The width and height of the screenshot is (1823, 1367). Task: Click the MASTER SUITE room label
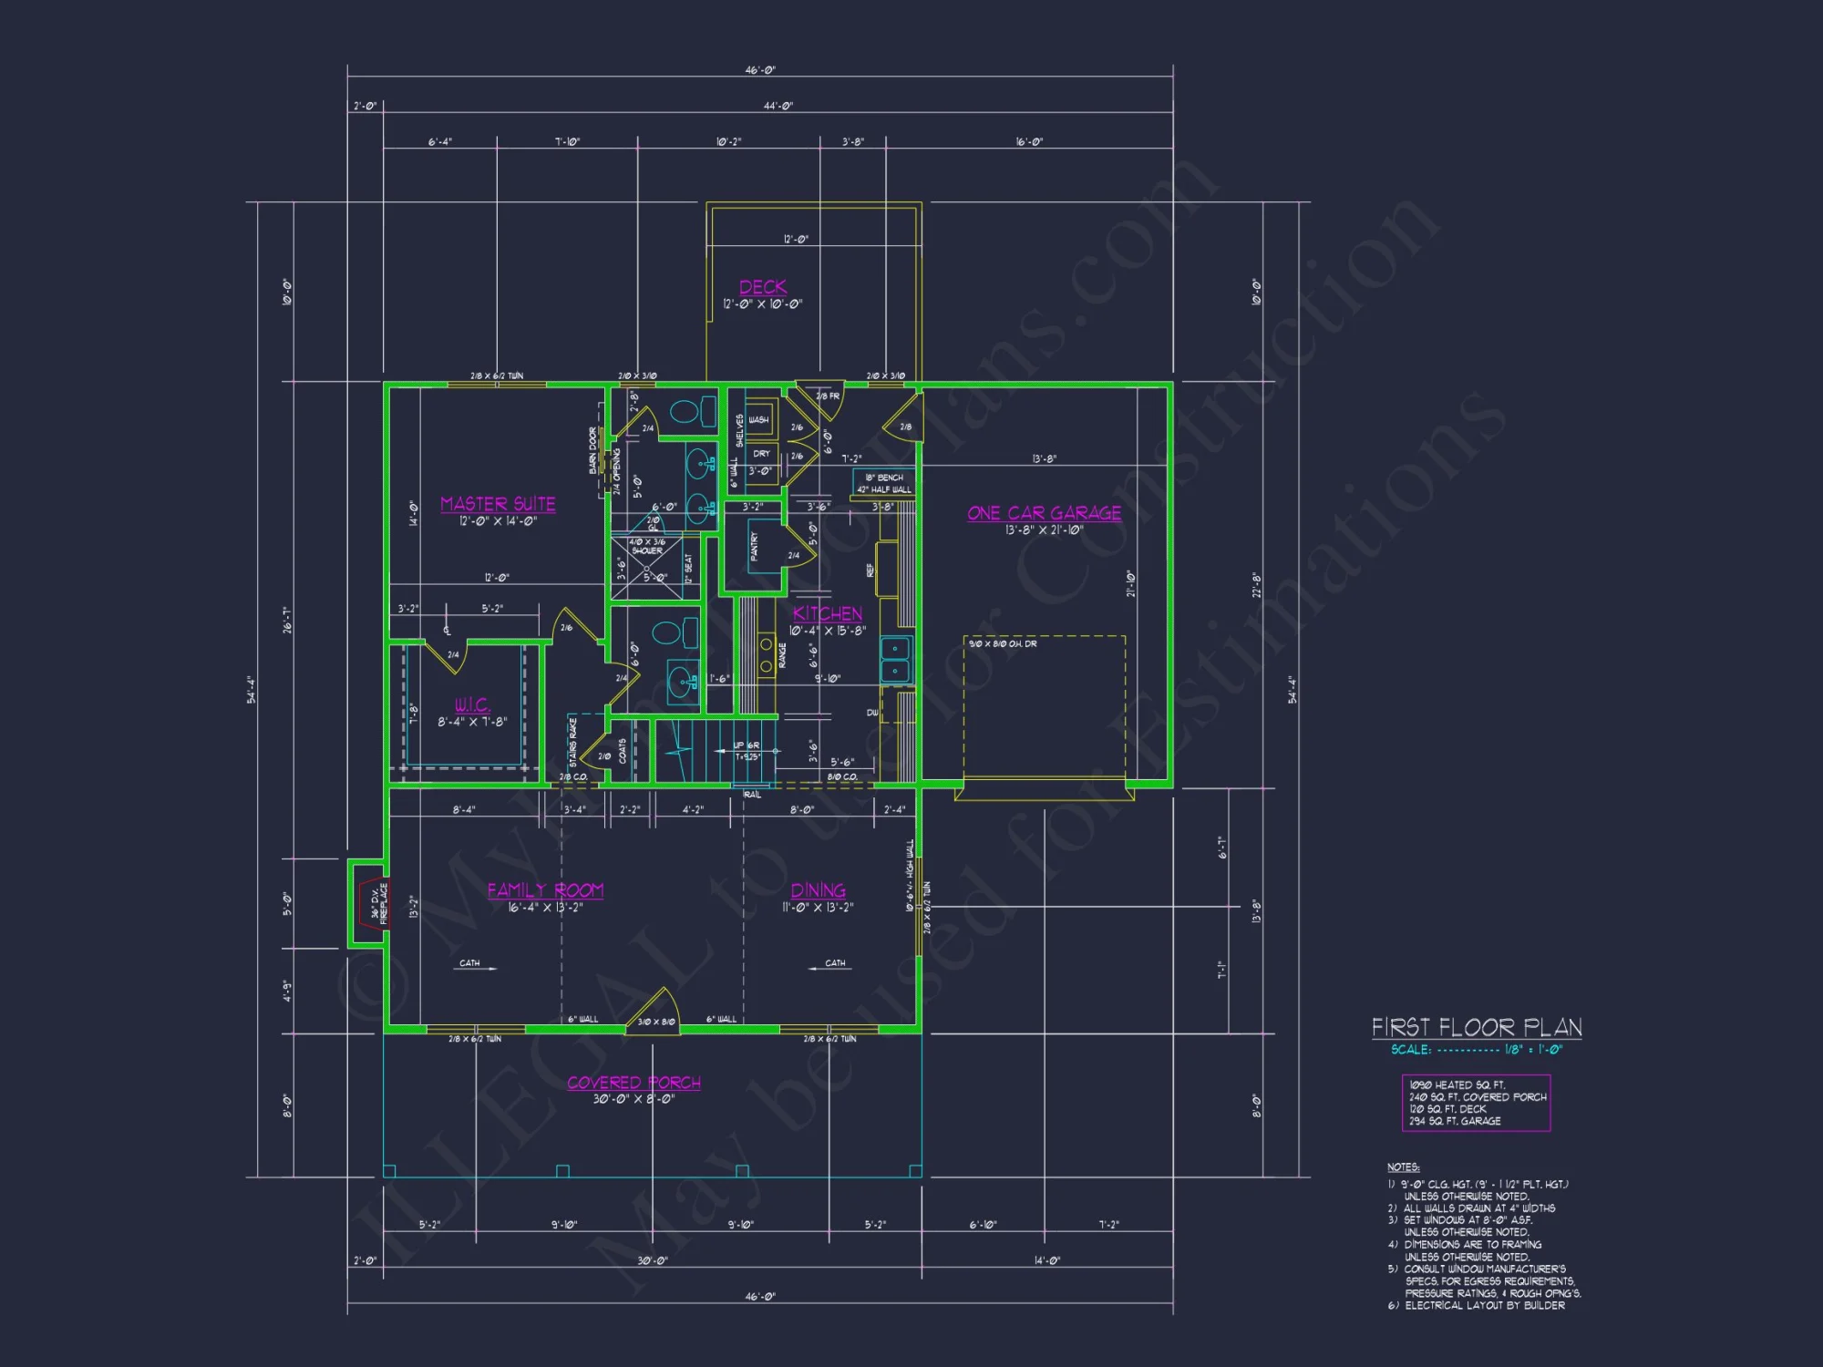coord(498,504)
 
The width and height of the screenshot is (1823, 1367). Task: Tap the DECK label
coord(763,287)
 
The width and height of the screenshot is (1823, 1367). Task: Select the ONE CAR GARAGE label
coord(1044,513)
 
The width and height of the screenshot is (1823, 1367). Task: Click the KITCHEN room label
coord(827,613)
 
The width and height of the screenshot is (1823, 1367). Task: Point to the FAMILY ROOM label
coord(545,890)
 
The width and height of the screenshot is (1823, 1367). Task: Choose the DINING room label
coord(818,890)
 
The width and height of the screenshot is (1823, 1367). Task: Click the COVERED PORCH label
coord(633,1083)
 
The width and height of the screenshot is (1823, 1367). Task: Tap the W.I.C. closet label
coord(472,705)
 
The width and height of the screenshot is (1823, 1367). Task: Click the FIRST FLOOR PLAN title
coord(1477,1028)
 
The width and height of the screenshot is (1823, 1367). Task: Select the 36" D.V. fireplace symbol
coord(372,903)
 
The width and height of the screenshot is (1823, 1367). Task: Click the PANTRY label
coord(754,547)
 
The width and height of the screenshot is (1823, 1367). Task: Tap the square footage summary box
coord(1476,1104)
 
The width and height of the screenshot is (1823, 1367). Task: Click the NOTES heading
coord(1403,1167)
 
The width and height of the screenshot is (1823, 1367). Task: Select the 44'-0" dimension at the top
coord(778,107)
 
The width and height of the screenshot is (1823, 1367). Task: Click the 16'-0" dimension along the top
coord(1029,142)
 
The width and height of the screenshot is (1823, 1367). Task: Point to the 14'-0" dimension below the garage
coord(1046,1261)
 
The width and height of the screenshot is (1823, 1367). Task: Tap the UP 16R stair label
coord(747,745)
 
